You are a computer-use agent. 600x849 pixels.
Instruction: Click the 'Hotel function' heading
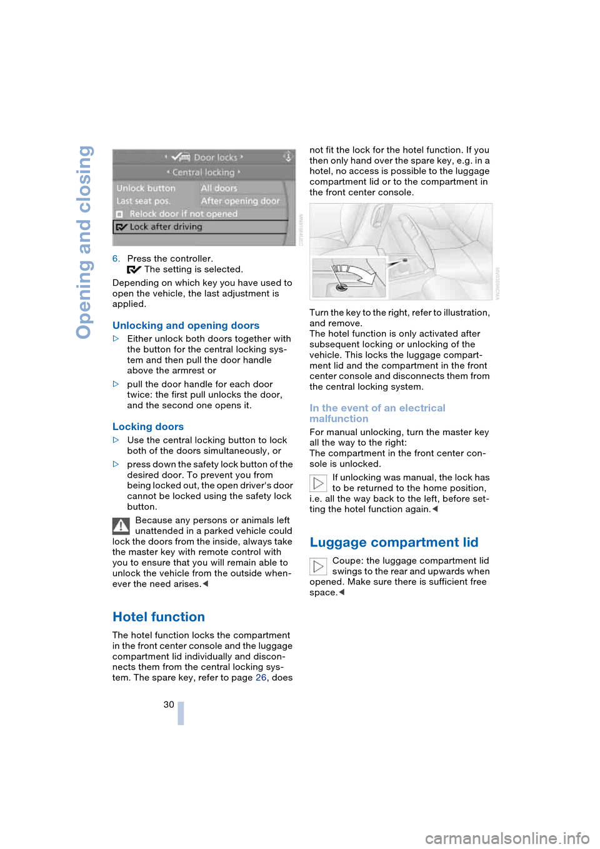tap(159, 617)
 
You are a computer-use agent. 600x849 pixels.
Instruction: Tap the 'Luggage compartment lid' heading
tap(394, 543)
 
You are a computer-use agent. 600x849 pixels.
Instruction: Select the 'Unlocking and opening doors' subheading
tap(186, 326)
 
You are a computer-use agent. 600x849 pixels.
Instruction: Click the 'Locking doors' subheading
tap(148, 427)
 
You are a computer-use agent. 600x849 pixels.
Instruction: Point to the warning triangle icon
tap(121, 526)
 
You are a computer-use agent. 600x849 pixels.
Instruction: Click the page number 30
tap(169, 705)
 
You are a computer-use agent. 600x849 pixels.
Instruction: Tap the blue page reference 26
tap(261, 678)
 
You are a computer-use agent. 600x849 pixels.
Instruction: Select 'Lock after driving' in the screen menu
tap(166, 227)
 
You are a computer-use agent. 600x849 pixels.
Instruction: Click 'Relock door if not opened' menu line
tap(183, 214)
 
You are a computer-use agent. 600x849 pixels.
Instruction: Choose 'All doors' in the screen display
tap(219, 188)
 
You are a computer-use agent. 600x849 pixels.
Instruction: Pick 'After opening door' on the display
tap(240, 201)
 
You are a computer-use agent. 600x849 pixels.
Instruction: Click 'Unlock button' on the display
tap(146, 188)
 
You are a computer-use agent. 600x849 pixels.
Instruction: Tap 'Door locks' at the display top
tap(215, 158)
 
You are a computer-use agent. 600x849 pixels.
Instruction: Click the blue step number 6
tap(116, 259)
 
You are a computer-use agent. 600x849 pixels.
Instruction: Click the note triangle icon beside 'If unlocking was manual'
tap(318, 483)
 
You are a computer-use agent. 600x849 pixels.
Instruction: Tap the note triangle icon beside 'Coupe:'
tap(318, 566)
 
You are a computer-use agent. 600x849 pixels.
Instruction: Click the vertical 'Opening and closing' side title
tap(84, 242)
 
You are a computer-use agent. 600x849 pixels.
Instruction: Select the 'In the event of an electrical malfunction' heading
tap(377, 413)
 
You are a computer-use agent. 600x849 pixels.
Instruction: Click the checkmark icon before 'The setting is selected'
tap(134, 270)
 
